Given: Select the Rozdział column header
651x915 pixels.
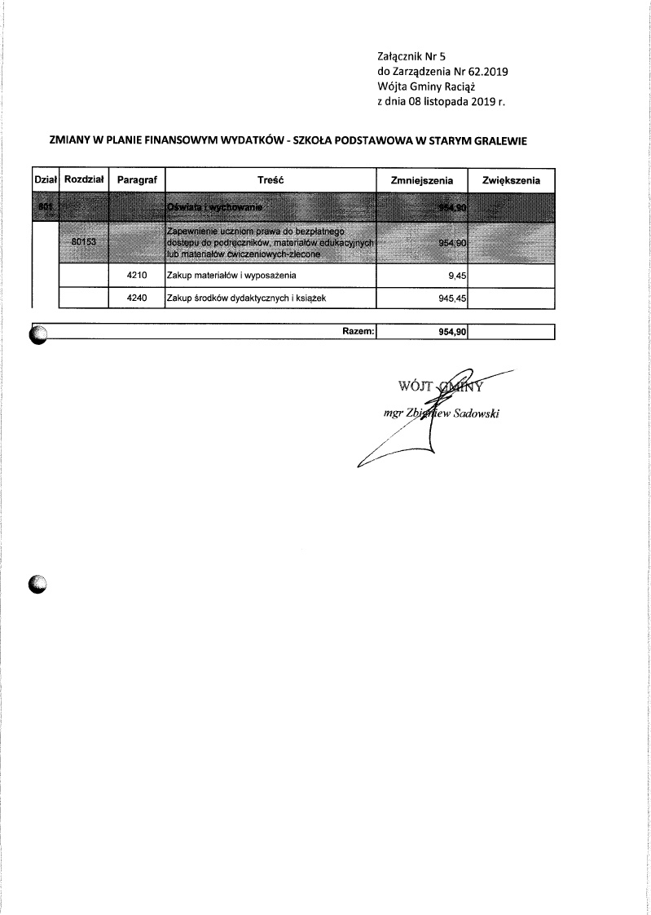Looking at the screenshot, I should point(85,179).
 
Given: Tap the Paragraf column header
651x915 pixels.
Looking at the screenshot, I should point(137,179).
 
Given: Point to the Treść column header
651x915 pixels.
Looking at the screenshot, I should point(270,179).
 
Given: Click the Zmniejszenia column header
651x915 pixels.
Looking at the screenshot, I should point(422,179).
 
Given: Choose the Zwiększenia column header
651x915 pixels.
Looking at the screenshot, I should point(512,179).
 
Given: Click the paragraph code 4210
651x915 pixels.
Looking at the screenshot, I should point(137,276).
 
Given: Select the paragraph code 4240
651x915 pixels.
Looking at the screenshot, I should point(137,298).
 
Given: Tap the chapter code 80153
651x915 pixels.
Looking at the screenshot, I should point(84,242).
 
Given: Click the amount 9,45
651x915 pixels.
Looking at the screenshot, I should point(456,276).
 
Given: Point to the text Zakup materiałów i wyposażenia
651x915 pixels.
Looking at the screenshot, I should point(226,276).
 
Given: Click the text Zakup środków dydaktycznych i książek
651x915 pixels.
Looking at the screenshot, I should point(234,298).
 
